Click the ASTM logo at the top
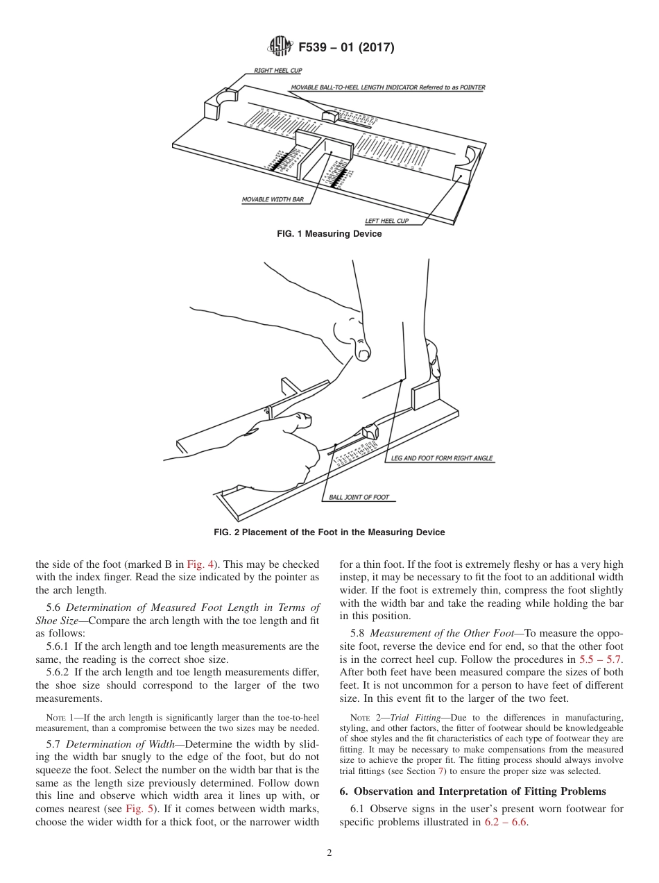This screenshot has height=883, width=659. [x=280, y=47]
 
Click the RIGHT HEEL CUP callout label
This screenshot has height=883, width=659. [x=277, y=71]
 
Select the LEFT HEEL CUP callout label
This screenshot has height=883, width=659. [x=387, y=221]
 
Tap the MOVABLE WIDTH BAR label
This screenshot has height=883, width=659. [x=273, y=199]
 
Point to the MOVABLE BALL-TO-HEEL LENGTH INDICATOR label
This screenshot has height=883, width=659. [x=388, y=88]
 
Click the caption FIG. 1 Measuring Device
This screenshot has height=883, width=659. [x=329, y=235]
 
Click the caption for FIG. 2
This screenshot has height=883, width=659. [x=329, y=532]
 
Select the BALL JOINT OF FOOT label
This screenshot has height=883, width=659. [x=359, y=498]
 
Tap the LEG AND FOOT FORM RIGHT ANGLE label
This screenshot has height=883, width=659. [x=442, y=459]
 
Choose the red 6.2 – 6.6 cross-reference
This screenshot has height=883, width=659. [x=506, y=822]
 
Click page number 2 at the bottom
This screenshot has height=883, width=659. [x=329, y=853]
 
